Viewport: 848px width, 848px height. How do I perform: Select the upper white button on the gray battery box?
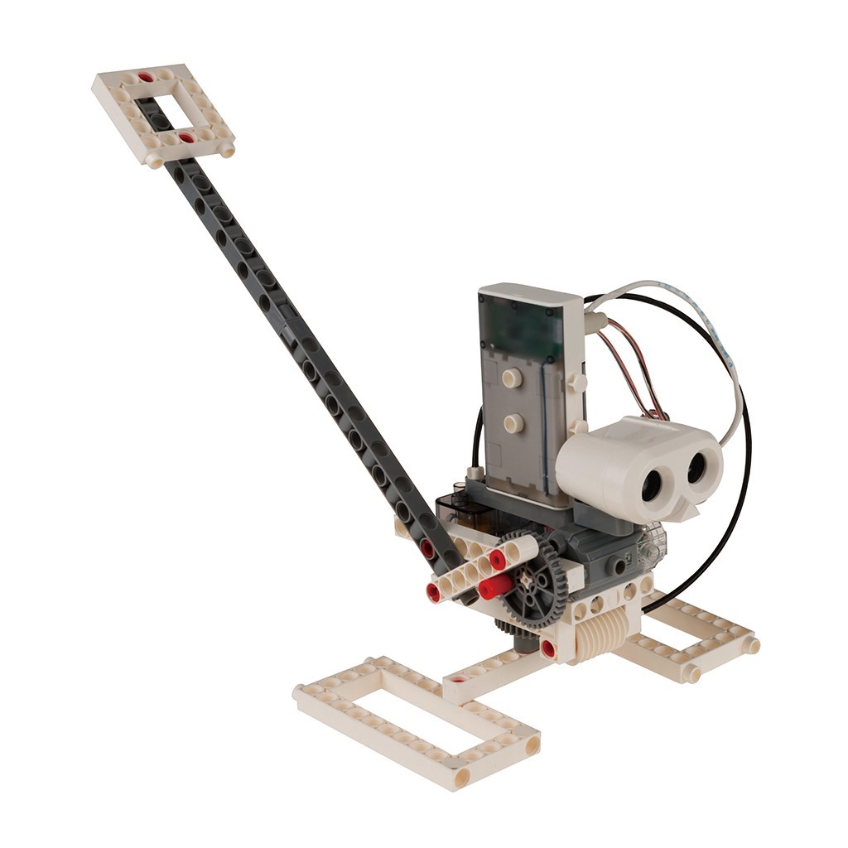coord(513,378)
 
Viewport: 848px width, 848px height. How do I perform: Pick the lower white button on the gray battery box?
coord(513,423)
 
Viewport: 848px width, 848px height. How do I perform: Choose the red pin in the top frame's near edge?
coord(186,137)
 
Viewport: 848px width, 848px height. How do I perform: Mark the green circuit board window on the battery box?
coord(522,327)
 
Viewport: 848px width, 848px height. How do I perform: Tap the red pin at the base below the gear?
coord(547,648)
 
